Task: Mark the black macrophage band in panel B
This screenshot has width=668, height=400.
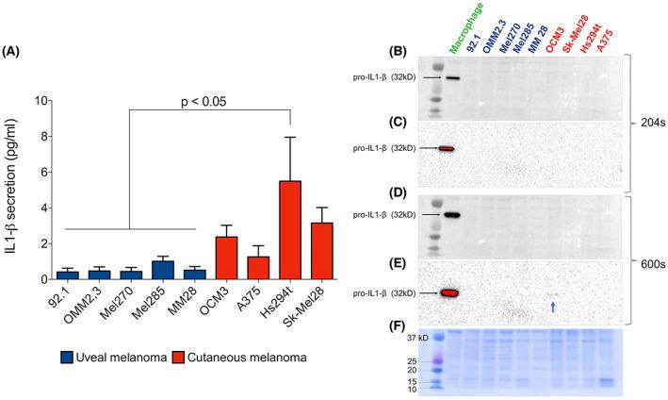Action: (x=453, y=78)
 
